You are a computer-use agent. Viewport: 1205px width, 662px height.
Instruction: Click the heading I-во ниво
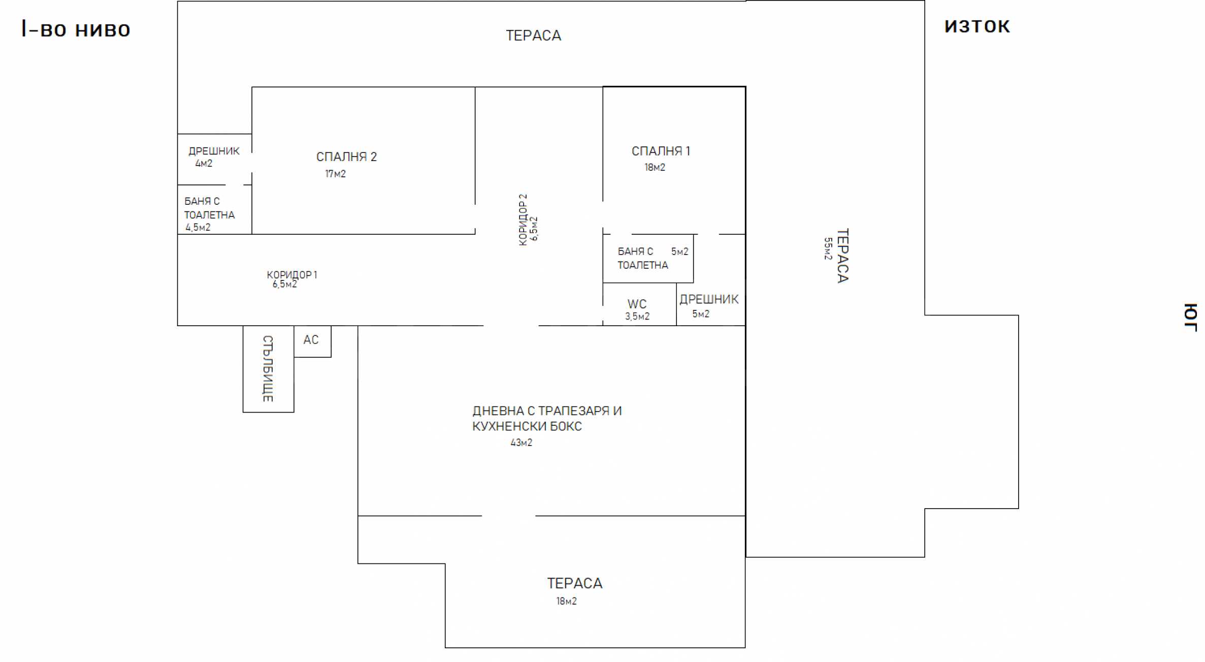(x=76, y=29)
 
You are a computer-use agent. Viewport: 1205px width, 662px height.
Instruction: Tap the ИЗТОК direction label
(x=977, y=26)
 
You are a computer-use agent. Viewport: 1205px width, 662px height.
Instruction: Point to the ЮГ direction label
(x=1191, y=317)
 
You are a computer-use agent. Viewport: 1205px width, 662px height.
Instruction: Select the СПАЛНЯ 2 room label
(x=346, y=156)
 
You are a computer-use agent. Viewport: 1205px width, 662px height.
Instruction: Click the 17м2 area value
(x=335, y=174)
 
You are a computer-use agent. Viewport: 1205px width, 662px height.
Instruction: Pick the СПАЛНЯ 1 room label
(x=661, y=151)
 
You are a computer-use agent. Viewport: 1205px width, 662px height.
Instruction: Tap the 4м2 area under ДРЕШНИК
(x=204, y=163)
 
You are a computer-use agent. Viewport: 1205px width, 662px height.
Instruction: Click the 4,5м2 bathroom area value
(x=198, y=227)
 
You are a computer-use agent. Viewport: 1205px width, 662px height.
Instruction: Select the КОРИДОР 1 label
(x=292, y=275)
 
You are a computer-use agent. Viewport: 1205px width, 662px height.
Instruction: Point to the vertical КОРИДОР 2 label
(x=523, y=219)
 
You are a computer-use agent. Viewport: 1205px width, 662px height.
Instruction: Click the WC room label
(x=637, y=304)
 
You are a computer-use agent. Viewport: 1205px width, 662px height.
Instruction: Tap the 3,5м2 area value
(x=637, y=317)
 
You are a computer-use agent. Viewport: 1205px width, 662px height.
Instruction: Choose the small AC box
(x=312, y=341)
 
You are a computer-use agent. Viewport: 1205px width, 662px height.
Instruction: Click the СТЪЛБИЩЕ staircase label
(x=268, y=368)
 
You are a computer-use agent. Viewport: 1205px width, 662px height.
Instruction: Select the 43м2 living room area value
(x=521, y=443)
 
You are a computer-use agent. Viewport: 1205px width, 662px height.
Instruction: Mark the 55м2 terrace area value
(x=828, y=248)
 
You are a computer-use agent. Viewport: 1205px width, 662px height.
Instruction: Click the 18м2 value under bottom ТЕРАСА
(x=566, y=601)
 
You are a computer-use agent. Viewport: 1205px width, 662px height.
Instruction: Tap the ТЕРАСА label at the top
(x=533, y=36)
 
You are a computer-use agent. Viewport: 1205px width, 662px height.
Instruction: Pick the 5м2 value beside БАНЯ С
(x=679, y=251)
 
